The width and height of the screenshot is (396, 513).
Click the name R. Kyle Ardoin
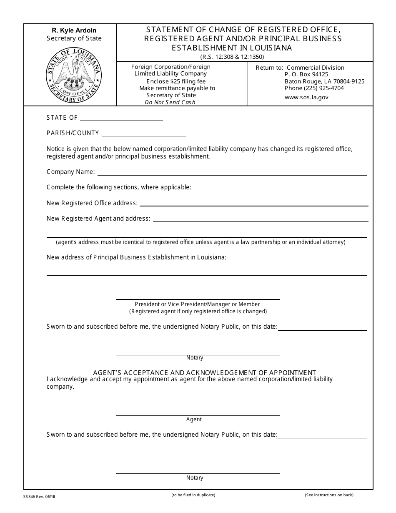pos(74,30)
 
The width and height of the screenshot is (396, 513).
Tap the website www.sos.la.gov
pos(306,97)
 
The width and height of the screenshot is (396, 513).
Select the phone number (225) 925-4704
pos(314,88)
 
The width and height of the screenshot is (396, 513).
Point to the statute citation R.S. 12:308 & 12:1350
pos(232,57)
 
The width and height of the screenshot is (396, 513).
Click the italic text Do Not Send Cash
pos(170,102)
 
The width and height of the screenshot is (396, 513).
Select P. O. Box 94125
pos(306,74)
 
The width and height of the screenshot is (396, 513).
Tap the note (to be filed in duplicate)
pos(193,495)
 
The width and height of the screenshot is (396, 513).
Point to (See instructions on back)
pos(329,495)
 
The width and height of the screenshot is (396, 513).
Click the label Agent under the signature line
pos(194,419)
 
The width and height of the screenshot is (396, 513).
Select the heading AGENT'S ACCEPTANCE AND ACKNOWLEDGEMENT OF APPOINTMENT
pos(204,372)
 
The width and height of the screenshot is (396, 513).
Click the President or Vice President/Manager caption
pos(197,304)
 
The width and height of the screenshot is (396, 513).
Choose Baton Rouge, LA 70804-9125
pos(324,81)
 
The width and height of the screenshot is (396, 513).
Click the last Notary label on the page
pos(195,478)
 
